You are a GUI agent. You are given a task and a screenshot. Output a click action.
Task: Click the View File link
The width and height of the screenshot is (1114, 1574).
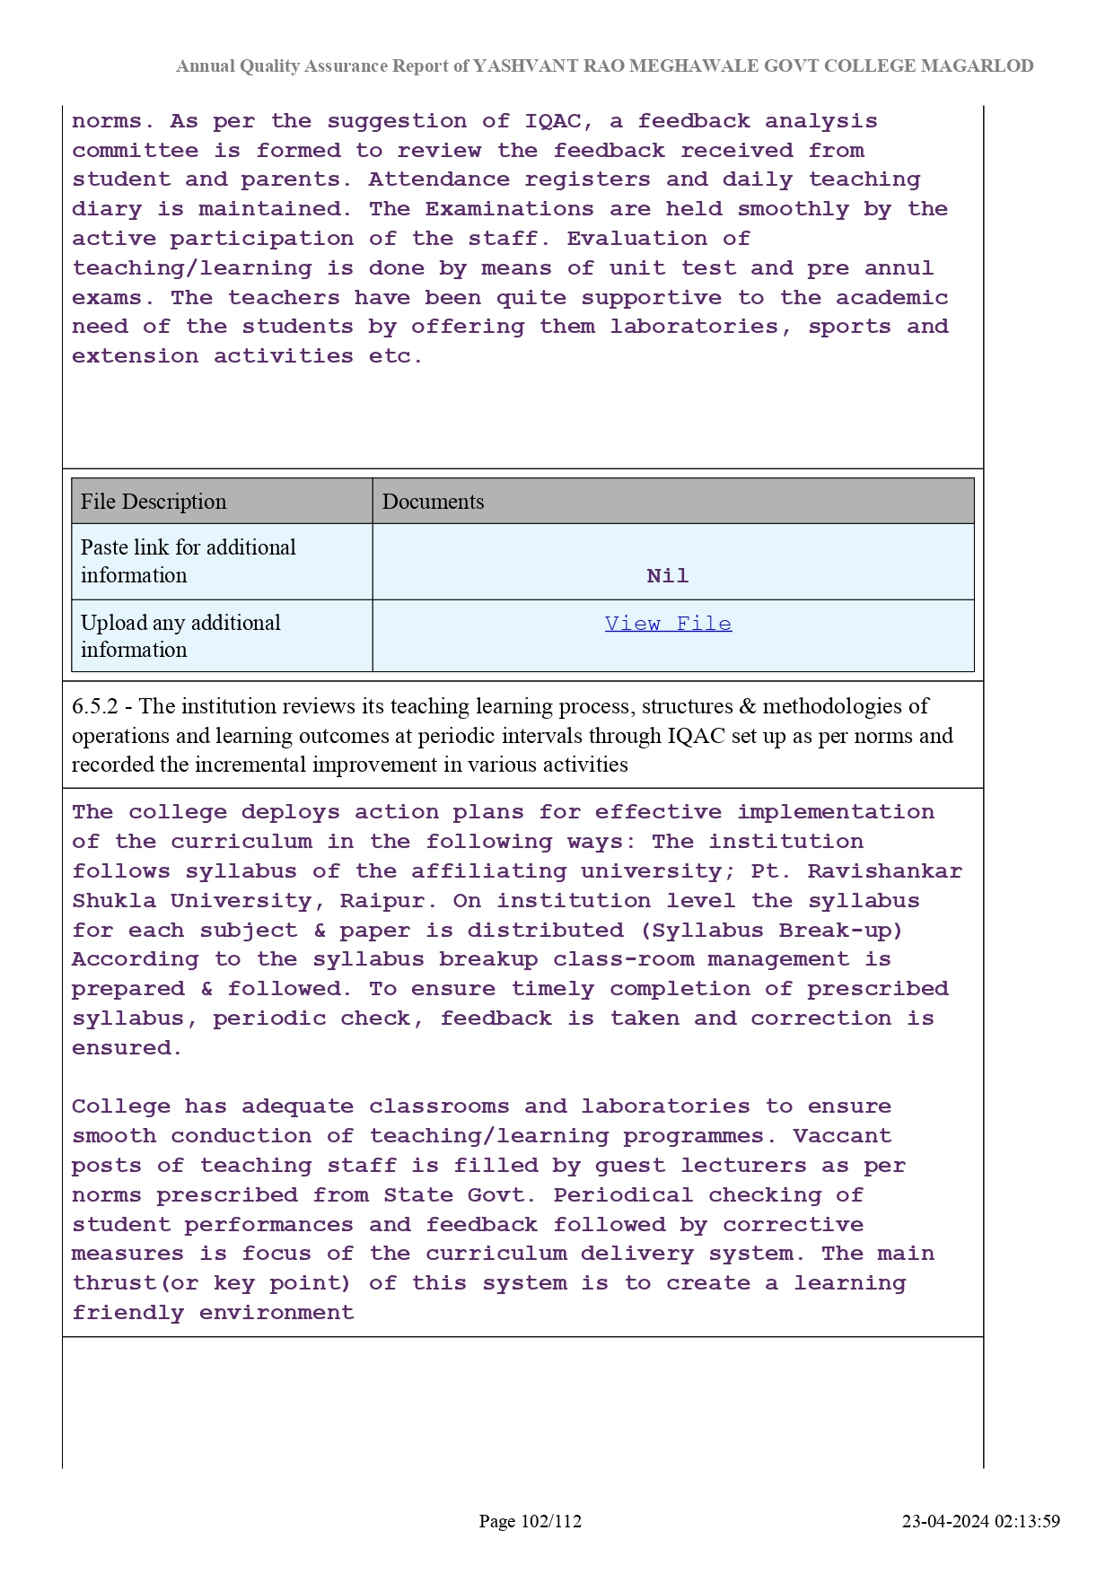click(x=668, y=624)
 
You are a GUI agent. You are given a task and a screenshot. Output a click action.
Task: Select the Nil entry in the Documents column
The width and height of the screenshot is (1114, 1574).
click(x=668, y=576)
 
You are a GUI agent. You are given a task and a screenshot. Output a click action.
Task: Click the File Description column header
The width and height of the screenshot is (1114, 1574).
click(x=154, y=502)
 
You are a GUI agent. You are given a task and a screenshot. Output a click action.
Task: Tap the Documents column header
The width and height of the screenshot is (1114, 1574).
click(x=433, y=502)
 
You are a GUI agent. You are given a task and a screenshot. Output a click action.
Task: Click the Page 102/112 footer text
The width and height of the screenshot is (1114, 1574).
click(x=530, y=1521)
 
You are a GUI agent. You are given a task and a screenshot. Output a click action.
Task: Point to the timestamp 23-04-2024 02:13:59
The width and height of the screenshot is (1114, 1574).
click(x=980, y=1521)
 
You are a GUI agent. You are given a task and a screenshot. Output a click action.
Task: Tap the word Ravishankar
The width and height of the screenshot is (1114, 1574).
click(x=884, y=871)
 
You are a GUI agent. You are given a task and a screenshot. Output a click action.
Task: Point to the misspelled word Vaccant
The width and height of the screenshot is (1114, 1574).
click(x=842, y=1136)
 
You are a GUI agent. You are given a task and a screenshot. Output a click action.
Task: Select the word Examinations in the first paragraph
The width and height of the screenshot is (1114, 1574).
click(x=509, y=209)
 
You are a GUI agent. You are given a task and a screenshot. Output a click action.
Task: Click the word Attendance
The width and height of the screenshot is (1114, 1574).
click(x=438, y=179)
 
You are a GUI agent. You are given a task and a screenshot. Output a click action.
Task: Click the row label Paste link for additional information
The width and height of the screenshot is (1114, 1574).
click(x=189, y=561)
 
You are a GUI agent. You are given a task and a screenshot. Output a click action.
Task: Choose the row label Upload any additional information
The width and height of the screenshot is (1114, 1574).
click(x=180, y=636)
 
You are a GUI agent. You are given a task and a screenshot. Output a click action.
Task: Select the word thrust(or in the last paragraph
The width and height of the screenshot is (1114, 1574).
click(x=136, y=1283)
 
